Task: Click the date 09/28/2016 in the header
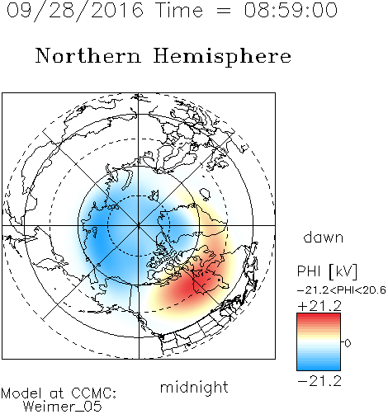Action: click(75, 11)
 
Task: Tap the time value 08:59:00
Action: click(291, 10)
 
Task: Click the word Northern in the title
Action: click(88, 55)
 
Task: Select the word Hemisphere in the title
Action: click(222, 57)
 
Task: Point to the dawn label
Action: click(324, 237)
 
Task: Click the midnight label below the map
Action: click(194, 387)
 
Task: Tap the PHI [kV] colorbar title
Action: click(327, 271)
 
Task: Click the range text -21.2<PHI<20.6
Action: click(342, 290)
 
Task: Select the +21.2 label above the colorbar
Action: click(319, 306)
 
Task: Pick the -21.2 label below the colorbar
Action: click(319, 381)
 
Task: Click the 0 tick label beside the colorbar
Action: click(348, 343)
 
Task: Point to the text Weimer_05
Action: click(63, 407)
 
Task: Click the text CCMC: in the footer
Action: click(94, 393)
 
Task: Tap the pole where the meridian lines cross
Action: click(139, 225)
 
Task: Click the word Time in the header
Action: click(179, 10)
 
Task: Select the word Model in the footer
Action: click(21, 393)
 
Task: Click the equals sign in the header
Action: click(224, 11)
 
